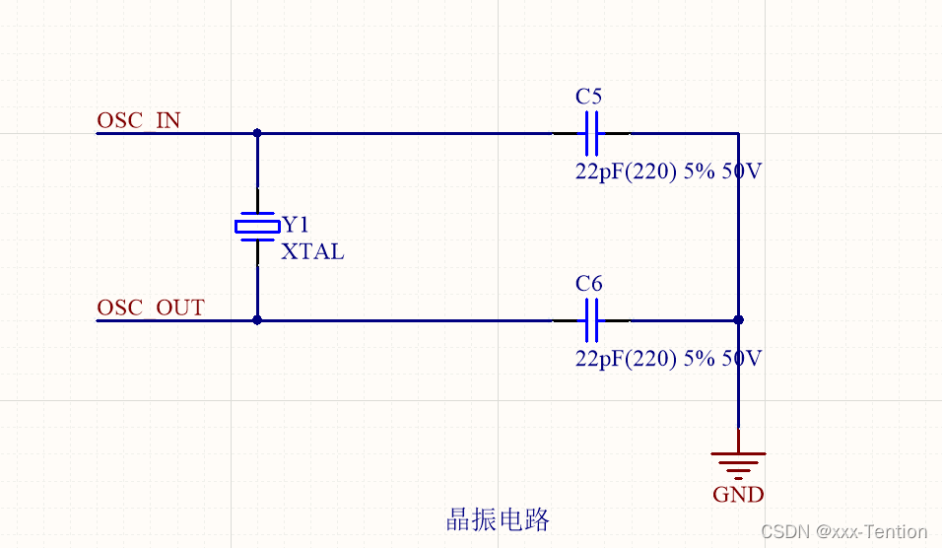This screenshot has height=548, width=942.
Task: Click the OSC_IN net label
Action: [x=139, y=120]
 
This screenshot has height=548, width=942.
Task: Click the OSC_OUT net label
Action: [x=151, y=308]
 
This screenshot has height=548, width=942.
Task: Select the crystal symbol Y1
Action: [x=257, y=227]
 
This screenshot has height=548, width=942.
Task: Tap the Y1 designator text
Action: [x=296, y=224]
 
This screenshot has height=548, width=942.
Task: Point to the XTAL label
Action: [x=312, y=251]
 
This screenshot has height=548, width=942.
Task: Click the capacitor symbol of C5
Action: [x=591, y=133]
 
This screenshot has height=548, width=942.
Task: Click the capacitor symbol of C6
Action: [x=591, y=319]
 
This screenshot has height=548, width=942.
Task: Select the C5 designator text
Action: [x=588, y=97]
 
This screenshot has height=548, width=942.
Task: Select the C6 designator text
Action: [x=588, y=283]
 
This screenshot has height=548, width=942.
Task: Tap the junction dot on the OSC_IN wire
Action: [x=257, y=133]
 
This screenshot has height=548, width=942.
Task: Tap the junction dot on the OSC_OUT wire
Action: [x=257, y=319]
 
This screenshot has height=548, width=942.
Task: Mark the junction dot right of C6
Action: [x=738, y=319]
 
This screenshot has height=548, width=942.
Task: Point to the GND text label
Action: [x=738, y=494]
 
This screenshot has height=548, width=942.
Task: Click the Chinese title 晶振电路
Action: [x=498, y=518]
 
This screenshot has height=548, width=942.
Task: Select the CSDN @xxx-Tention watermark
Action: [x=844, y=531]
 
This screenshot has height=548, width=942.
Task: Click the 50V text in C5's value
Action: [x=742, y=171]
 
